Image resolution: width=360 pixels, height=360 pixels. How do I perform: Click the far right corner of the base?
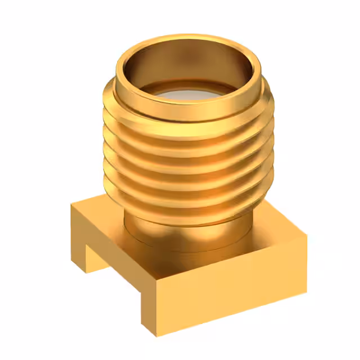pos(307,236)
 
